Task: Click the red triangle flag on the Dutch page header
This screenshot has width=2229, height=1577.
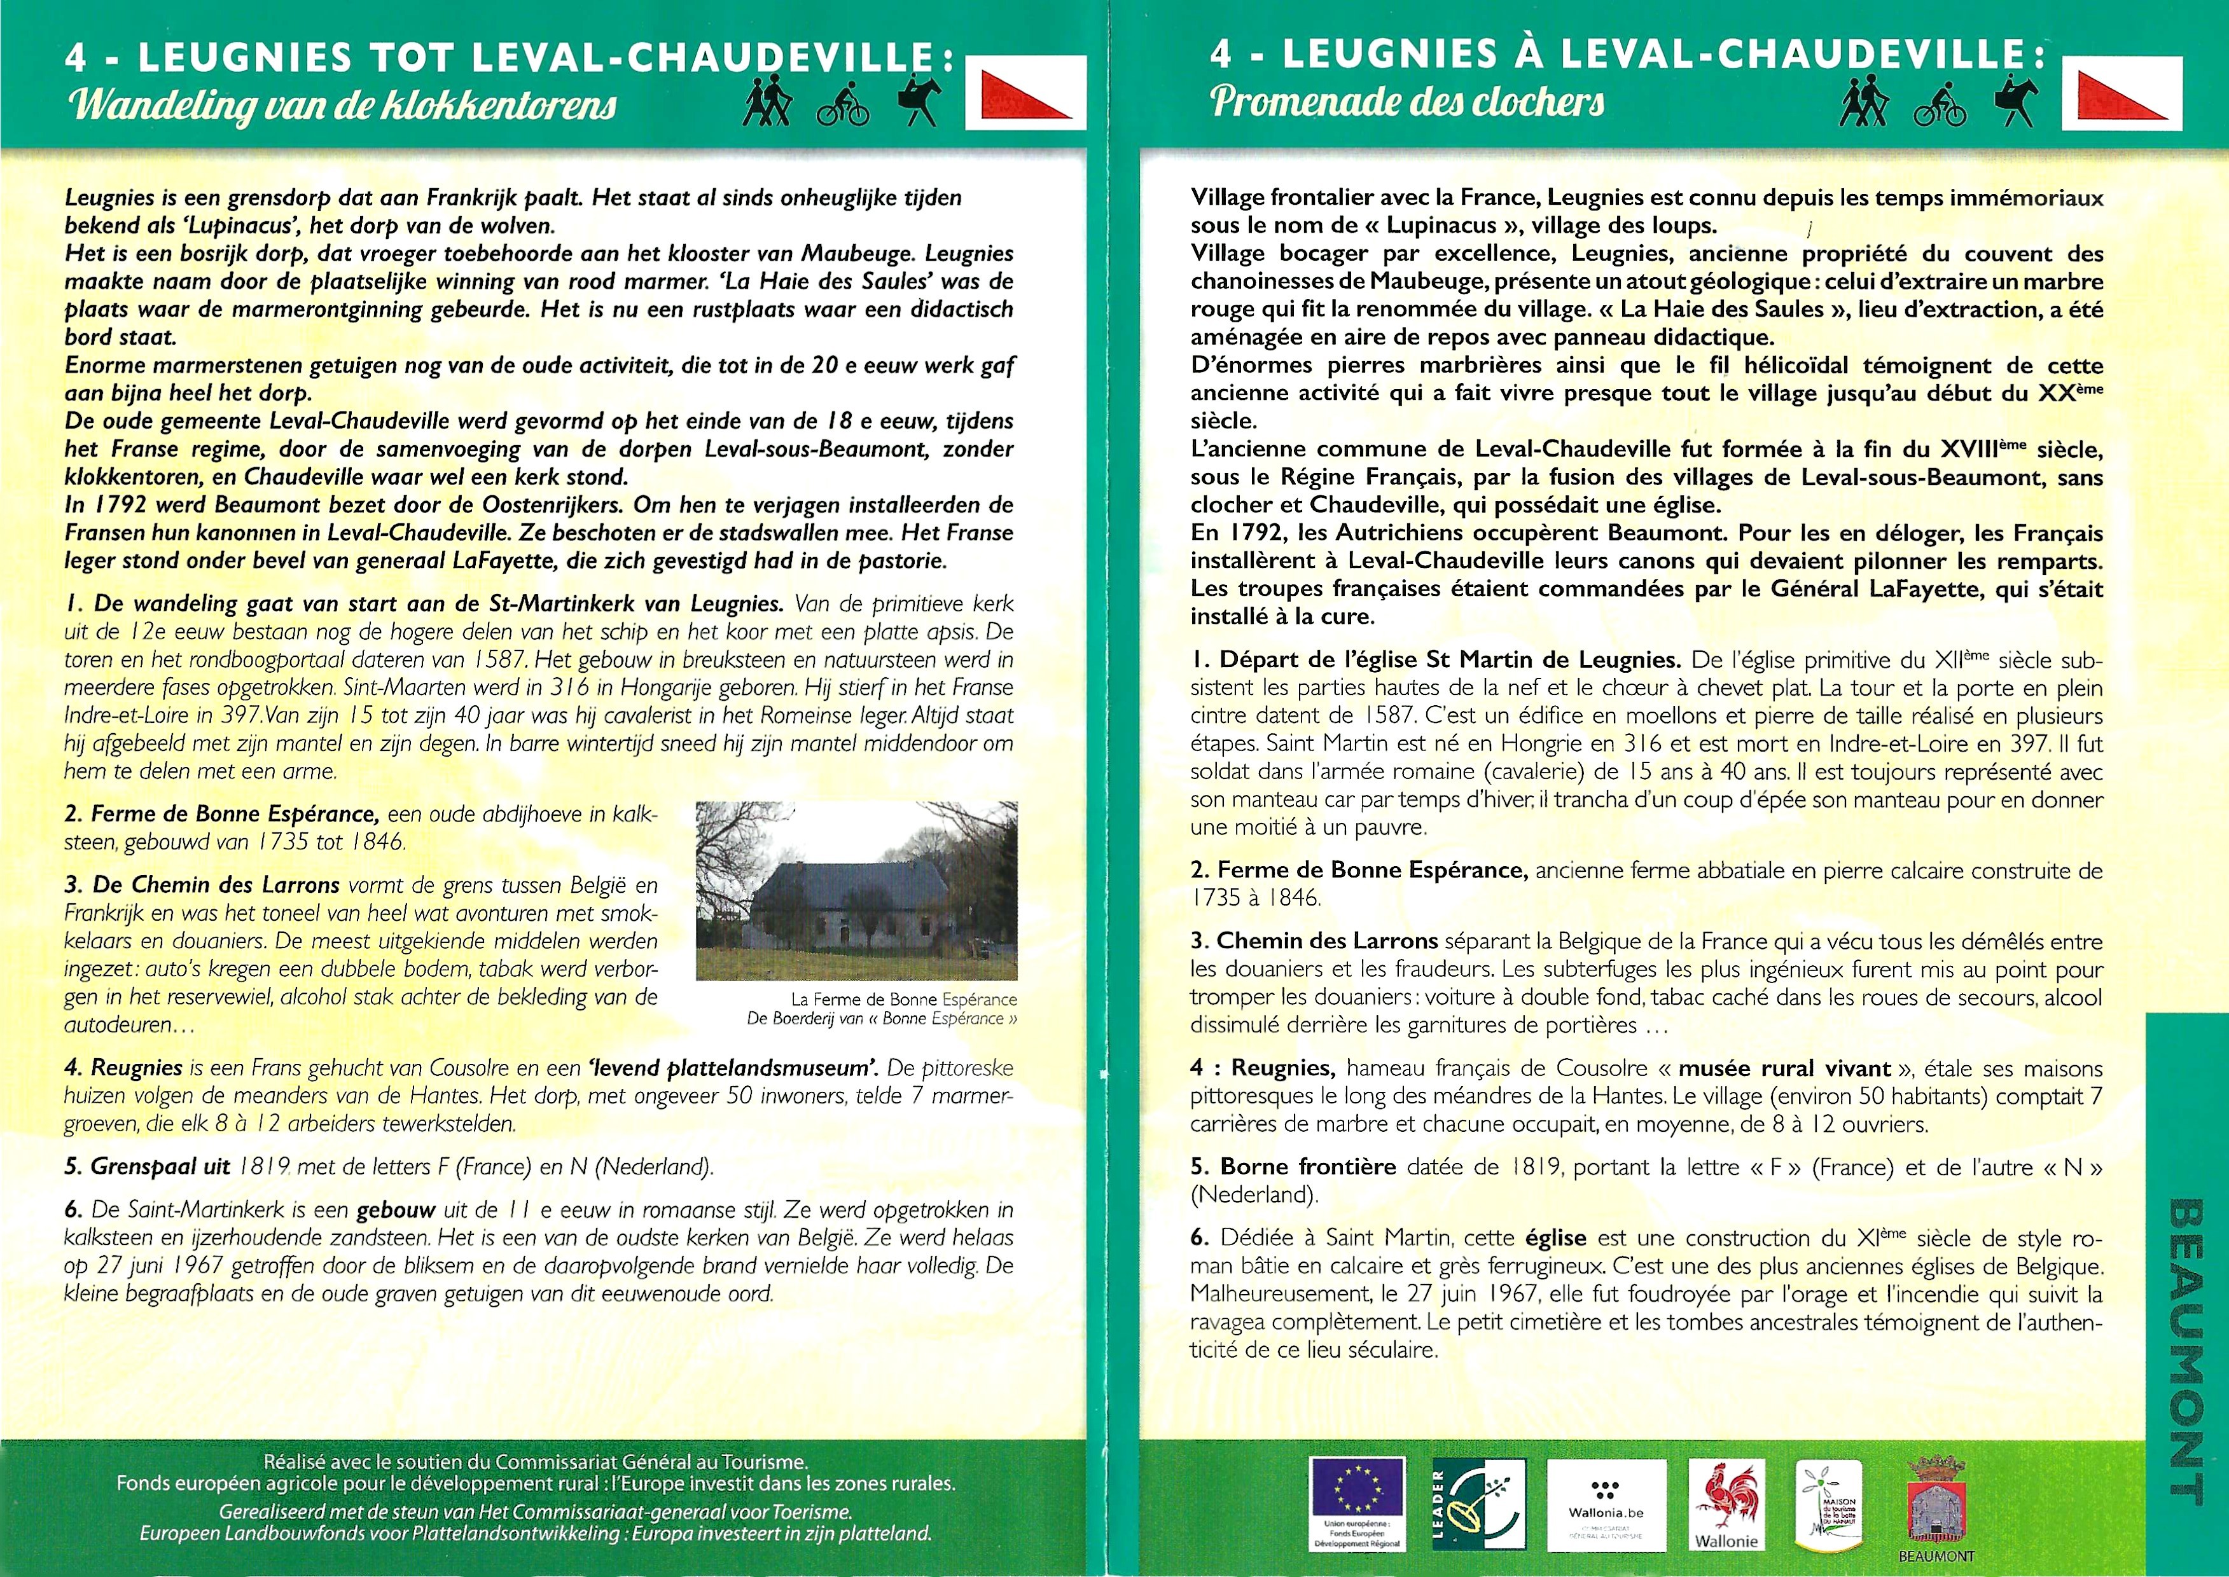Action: point(1025,94)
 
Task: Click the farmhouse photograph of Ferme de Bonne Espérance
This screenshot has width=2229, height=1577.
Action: point(857,890)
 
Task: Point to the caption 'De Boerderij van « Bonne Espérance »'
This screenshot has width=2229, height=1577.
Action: point(881,1019)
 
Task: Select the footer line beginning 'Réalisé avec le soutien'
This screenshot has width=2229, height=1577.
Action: point(535,1461)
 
